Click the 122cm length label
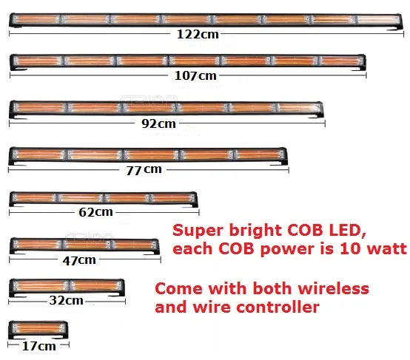[x=198, y=34]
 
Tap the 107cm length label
[x=195, y=75]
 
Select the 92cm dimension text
[x=158, y=123]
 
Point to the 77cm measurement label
[x=144, y=170]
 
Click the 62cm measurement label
[x=95, y=212]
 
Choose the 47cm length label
[x=79, y=260]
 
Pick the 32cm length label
[x=66, y=300]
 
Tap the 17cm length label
[x=39, y=346]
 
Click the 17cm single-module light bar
[x=38, y=330]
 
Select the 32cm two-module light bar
[x=67, y=288]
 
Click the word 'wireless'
[x=333, y=289]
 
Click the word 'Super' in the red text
[x=198, y=231]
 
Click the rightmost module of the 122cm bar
[x=379, y=20]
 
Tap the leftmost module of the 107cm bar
[x=37, y=61]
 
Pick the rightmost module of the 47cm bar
[x=134, y=245]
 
